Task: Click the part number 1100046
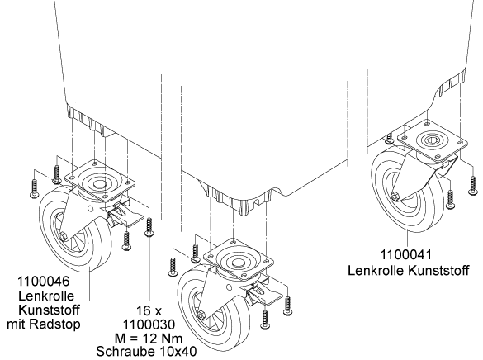click(x=43, y=282)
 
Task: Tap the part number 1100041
click(x=406, y=254)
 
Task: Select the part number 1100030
click(x=149, y=324)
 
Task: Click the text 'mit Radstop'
click(x=44, y=324)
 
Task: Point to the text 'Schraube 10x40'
click(x=146, y=351)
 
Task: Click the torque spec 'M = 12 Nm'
click(x=149, y=339)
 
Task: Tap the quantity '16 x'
click(x=149, y=310)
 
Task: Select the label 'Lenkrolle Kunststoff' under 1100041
click(x=409, y=271)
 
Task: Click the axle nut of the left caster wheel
click(x=64, y=236)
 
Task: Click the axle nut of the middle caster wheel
click(x=201, y=315)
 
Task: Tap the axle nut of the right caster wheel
click(x=395, y=197)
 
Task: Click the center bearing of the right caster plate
click(x=433, y=140)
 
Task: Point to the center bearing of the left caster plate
click(x=99, y=184)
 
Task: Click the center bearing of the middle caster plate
click(x=238, y=263)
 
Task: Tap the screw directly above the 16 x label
click(x=149, y=227)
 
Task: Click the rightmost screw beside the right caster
click(x=473, y=186)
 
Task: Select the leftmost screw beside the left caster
click(x=34, y=188)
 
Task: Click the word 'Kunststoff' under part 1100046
click(x=50, y=310)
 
